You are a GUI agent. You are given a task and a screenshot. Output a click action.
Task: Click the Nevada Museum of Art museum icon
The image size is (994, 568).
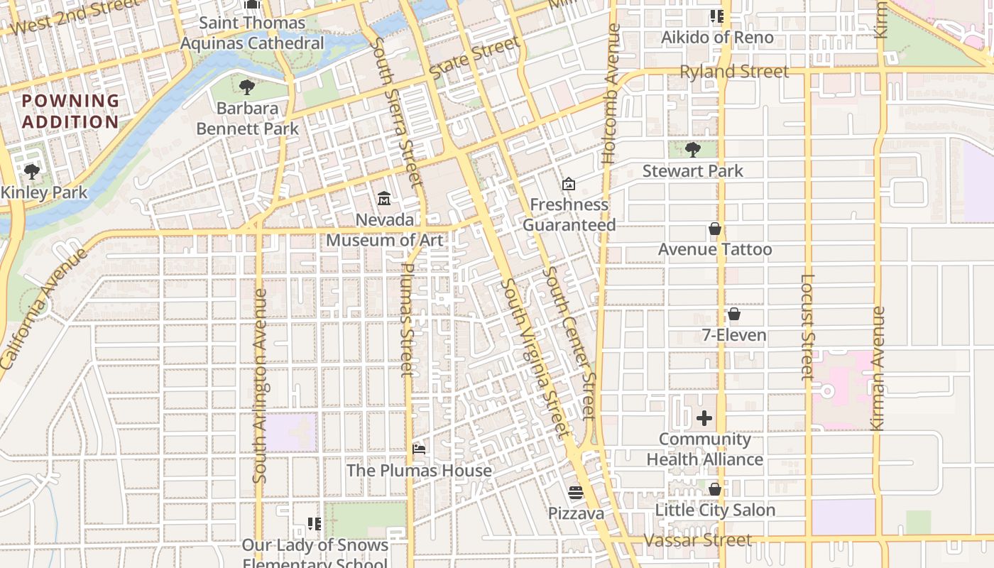point(384,197)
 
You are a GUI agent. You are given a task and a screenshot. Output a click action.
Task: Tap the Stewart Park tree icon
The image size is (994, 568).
point(693,149)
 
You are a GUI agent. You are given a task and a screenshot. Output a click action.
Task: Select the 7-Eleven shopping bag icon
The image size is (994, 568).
point(734,314)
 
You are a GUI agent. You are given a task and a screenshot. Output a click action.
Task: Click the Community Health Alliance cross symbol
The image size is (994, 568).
point(704,418)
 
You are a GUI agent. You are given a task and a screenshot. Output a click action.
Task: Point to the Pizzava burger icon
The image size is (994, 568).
point(576,492)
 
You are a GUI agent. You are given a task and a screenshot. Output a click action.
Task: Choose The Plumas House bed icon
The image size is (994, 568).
point(419,449)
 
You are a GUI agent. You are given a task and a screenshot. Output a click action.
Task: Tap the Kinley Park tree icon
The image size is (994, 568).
point(31,171)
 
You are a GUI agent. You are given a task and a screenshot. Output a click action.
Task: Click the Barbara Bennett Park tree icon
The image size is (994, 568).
point(247,87)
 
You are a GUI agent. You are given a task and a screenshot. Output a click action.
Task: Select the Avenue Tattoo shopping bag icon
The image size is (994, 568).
point(715,229)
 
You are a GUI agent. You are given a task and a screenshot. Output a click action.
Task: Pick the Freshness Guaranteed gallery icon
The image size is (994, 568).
point(568,185)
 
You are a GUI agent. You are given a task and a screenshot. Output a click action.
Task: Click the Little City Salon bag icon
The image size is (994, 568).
point(715,489)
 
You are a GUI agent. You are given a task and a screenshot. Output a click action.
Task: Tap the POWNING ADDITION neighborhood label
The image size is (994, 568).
point(70,111)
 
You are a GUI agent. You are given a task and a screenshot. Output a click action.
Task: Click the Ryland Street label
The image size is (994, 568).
point(734,72)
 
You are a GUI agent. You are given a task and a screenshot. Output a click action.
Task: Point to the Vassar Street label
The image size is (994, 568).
point(697,541)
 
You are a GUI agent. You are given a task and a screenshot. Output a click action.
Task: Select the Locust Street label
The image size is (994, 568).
point(807,327)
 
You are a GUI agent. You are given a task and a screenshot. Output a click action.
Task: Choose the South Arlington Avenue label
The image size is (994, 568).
point(261,386)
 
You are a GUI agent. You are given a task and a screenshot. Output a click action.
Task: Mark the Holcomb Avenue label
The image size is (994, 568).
point(611,94)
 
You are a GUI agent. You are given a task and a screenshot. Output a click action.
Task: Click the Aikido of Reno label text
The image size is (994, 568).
point(717,37)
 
